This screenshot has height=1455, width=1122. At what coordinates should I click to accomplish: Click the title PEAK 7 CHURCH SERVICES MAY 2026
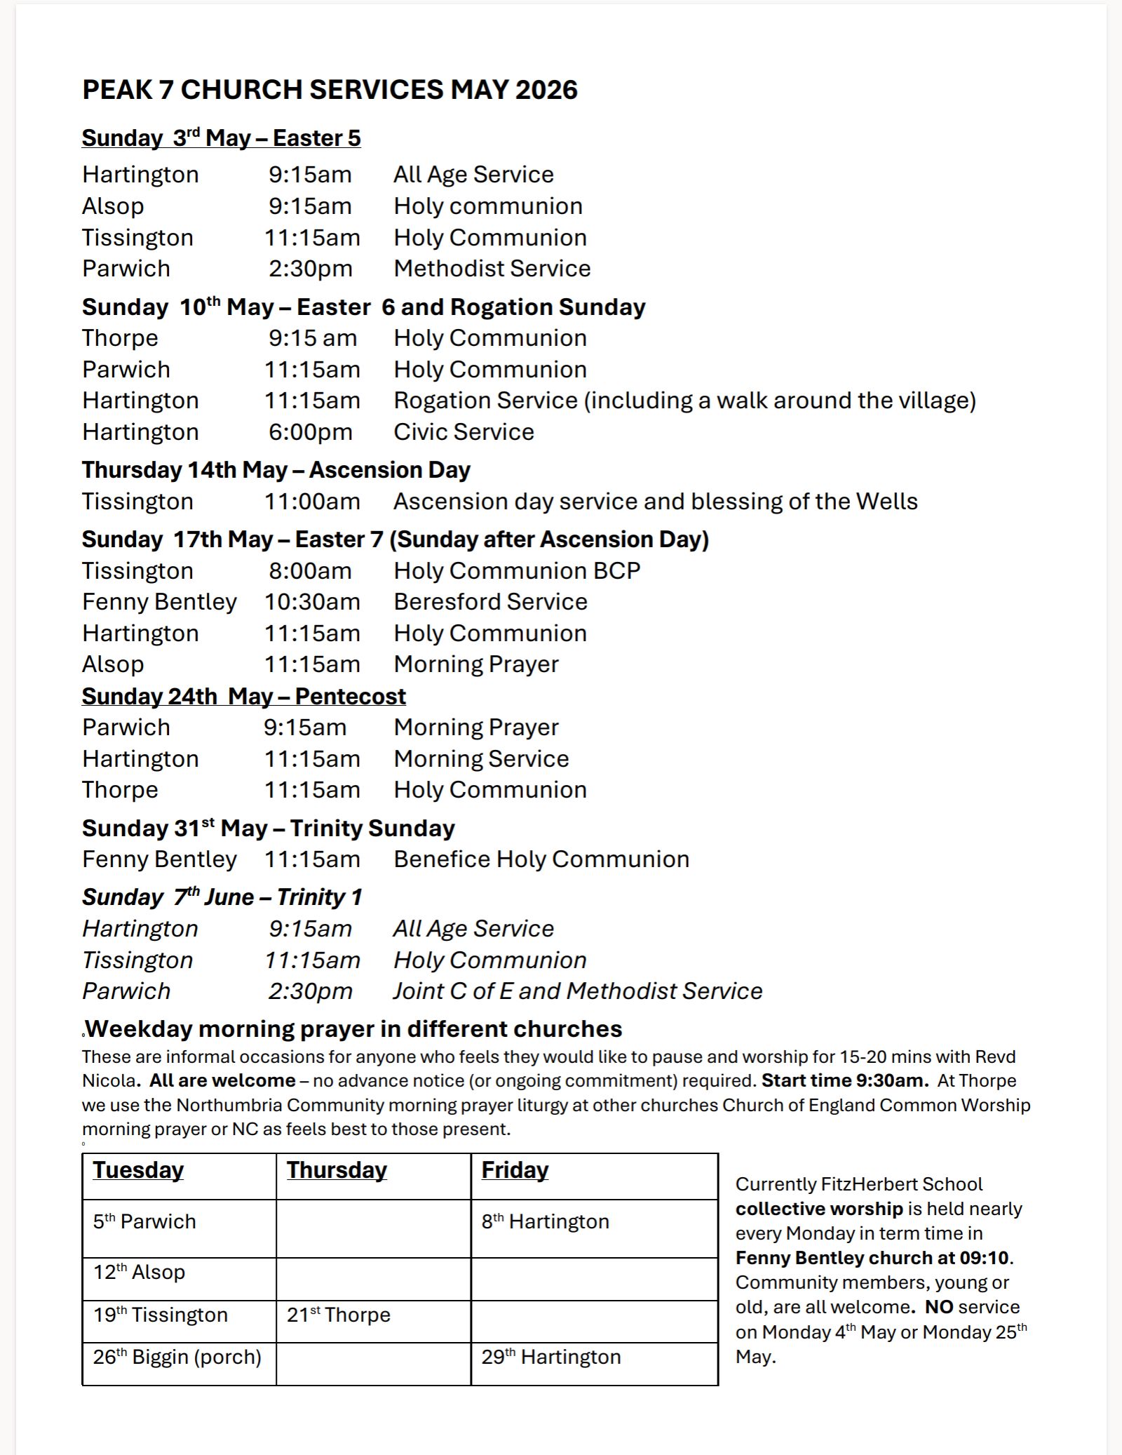tap(330, 90)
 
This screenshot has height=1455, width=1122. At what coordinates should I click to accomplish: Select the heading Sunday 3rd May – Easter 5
tap(221, 138)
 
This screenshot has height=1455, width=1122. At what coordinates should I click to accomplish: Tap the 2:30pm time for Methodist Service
tap(310, 269)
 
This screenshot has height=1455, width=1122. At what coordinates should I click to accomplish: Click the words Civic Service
tap(464, 432)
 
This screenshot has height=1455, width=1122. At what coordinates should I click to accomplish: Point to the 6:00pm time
tap(310, 432)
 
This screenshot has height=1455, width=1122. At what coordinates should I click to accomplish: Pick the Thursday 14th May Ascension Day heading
tap(276, 470)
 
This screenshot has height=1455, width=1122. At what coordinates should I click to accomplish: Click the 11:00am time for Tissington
tap(312, 502)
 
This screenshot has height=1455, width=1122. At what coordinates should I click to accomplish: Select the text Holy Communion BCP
tap(517, 571)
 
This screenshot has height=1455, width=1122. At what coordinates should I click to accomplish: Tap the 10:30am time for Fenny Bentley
tap(312, 602)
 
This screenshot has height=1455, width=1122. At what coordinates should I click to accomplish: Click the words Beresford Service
tap(490, 602)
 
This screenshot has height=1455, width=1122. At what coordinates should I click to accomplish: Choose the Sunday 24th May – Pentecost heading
tap(243, 697)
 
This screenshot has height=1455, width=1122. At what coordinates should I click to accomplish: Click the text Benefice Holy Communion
tap(541, 859)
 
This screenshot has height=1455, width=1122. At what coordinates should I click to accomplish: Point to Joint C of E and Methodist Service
tap(577, 991)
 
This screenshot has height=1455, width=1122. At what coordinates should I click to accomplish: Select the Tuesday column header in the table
tap(138, 1170)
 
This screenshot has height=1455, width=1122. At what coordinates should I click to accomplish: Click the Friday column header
tap(515, 1170)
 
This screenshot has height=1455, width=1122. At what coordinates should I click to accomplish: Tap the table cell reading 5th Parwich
tap(144, 1221)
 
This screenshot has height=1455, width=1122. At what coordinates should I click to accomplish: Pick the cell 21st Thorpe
tap(338, 1315)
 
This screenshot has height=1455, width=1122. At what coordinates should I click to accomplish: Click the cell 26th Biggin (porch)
tap(177, 1357)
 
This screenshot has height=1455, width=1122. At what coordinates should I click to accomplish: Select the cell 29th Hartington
tap(550, 1357)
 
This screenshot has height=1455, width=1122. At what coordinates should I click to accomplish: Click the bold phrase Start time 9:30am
tap(844, 1081)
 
